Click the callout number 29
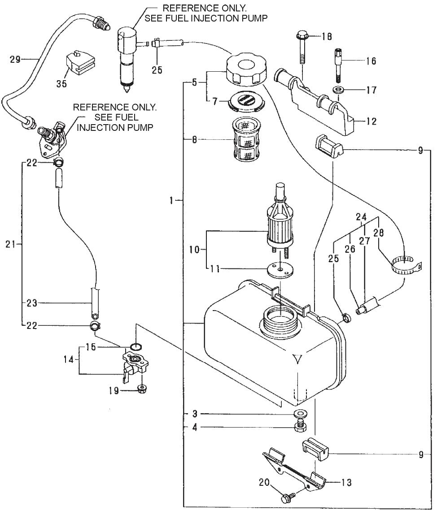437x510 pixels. coord(15,59)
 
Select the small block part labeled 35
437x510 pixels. coord(81,65)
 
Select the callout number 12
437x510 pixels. coord(371,121)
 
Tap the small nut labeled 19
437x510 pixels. coord(141,388)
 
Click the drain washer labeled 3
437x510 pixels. coord(298,413)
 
